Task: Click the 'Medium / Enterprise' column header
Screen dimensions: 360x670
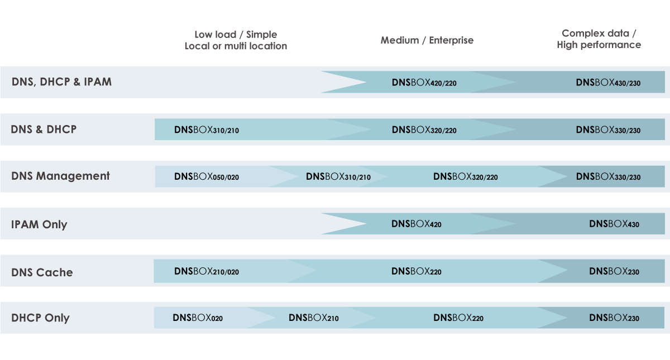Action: point(427,40)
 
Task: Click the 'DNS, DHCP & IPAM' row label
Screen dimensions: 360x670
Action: point(61,81)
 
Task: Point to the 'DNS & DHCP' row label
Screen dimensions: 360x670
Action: point(44,129)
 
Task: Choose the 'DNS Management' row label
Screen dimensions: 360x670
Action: point(60,176)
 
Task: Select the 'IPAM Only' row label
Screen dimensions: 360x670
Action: point(39,224)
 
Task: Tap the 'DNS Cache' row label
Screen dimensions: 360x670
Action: point(42,272)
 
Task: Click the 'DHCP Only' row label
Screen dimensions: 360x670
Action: point(40,318)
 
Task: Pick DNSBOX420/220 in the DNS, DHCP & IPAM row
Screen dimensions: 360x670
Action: point(424,83)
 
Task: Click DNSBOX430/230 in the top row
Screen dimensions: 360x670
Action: point(608,83)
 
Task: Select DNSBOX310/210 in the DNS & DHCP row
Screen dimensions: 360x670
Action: point(206,130)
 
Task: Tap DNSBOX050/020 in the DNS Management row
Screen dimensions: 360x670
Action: point(206,177)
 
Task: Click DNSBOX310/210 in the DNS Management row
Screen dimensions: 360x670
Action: point(338,177)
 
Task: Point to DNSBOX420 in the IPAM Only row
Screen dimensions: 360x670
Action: point(416,224)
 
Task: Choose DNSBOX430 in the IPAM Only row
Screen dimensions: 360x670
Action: point(614,224)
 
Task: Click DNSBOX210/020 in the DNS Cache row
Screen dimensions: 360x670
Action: point(206,271)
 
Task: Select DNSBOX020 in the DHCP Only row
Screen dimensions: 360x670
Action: point(197,318)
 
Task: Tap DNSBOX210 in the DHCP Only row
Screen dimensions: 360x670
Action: point(313,318)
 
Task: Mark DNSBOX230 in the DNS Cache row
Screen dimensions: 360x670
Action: point(614,271)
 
